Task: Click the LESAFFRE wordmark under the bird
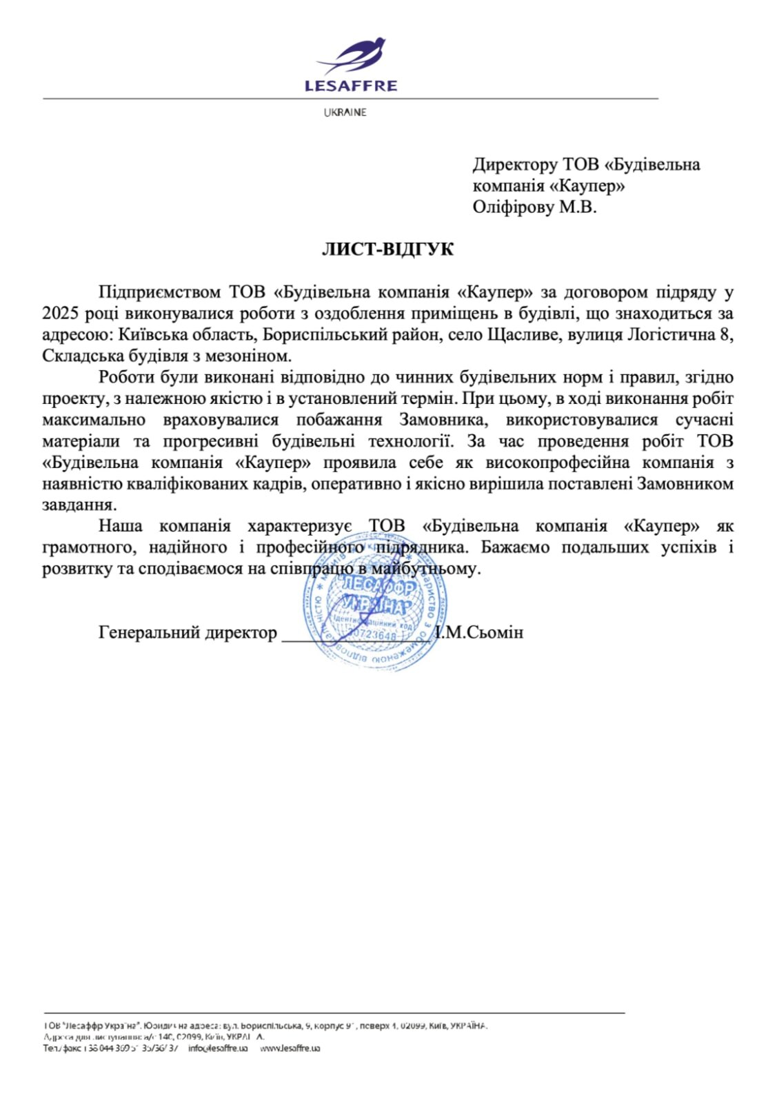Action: (351, 86)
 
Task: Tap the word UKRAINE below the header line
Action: (345, 112)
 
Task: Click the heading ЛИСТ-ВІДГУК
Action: (388, 250)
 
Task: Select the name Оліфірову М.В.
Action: (534, 207)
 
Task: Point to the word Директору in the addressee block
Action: (515, 165)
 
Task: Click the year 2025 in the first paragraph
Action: (61, 314)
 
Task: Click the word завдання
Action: (79, 505)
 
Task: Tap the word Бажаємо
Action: (515, 547)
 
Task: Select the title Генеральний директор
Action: (188, 632)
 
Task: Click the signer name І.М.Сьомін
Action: (480, 632)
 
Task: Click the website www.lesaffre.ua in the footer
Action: (290, 1048)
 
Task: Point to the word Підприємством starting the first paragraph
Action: (159, 292)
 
